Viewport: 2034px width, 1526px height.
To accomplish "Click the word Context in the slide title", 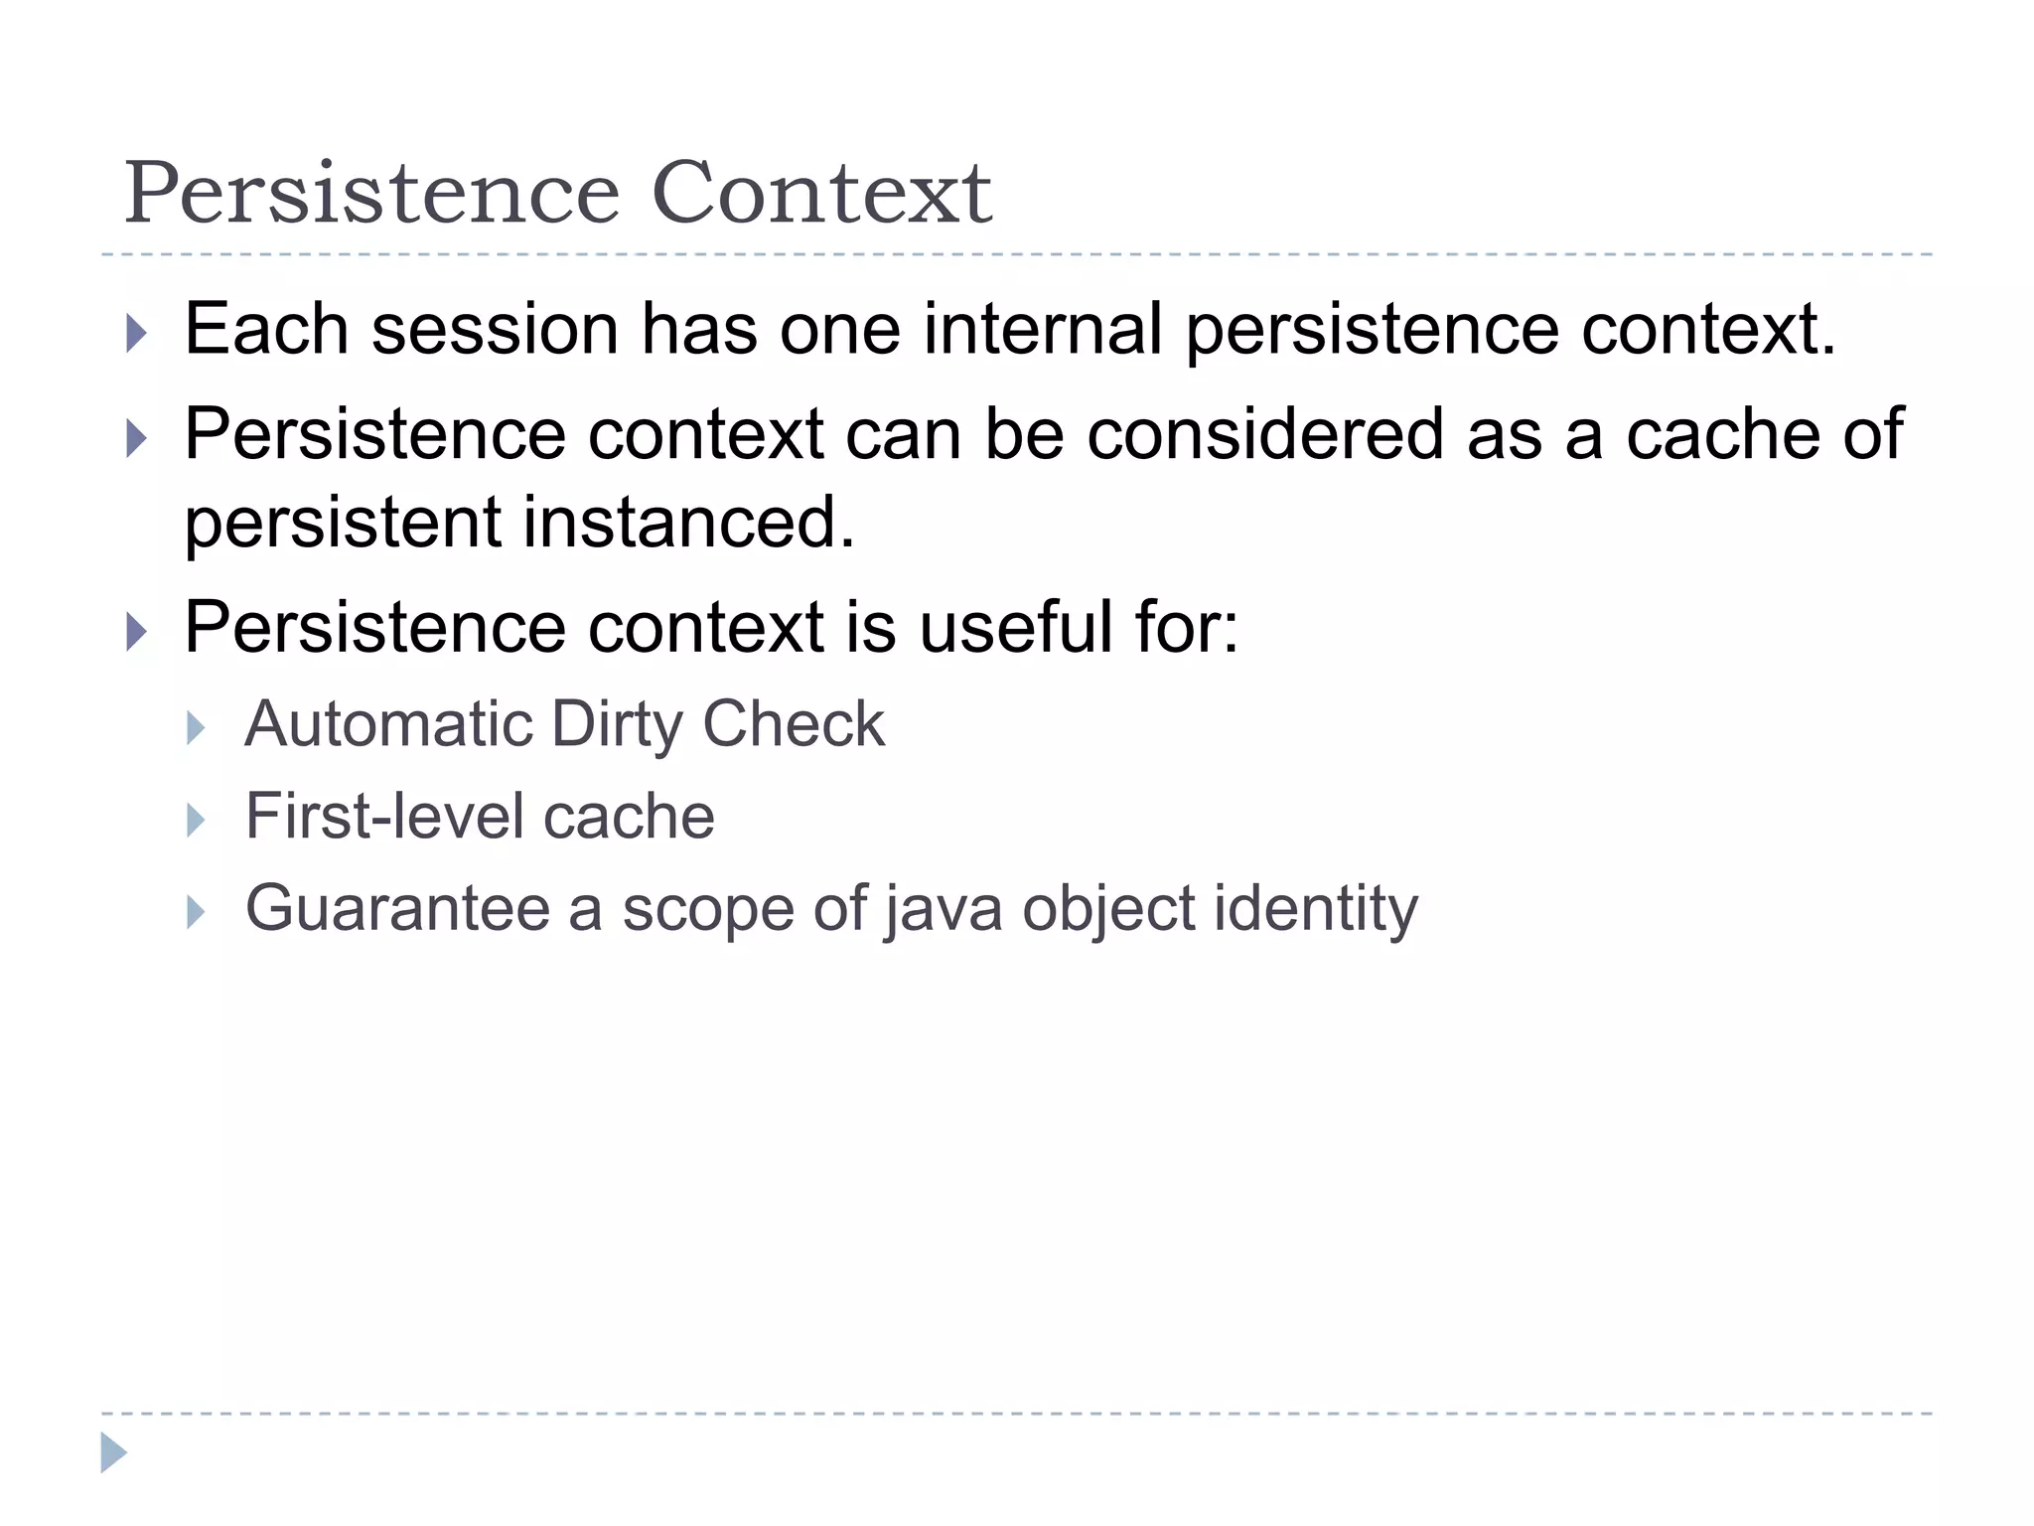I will click(821, 193).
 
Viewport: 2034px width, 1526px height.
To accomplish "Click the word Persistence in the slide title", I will click(371, 193).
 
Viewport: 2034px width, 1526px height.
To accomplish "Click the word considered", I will click(1264, 434).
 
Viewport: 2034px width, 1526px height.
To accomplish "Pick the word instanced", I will click(688, 523).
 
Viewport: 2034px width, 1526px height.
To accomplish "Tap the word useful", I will click(1016, 628).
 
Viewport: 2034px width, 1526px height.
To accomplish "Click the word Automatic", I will click(388, 723).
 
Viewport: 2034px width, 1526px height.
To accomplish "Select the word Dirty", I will click(617, 723).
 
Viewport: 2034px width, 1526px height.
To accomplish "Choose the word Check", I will click(793, 723).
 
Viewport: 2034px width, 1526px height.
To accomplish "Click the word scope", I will click(708, 910).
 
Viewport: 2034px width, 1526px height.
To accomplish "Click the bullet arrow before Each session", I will click(137, 333).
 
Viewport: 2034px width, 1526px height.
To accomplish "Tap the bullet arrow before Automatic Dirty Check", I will click(196, 728).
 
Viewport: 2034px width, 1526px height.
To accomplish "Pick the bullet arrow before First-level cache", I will click(196, 821).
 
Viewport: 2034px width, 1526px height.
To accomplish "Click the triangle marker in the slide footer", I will click(114, 1452).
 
